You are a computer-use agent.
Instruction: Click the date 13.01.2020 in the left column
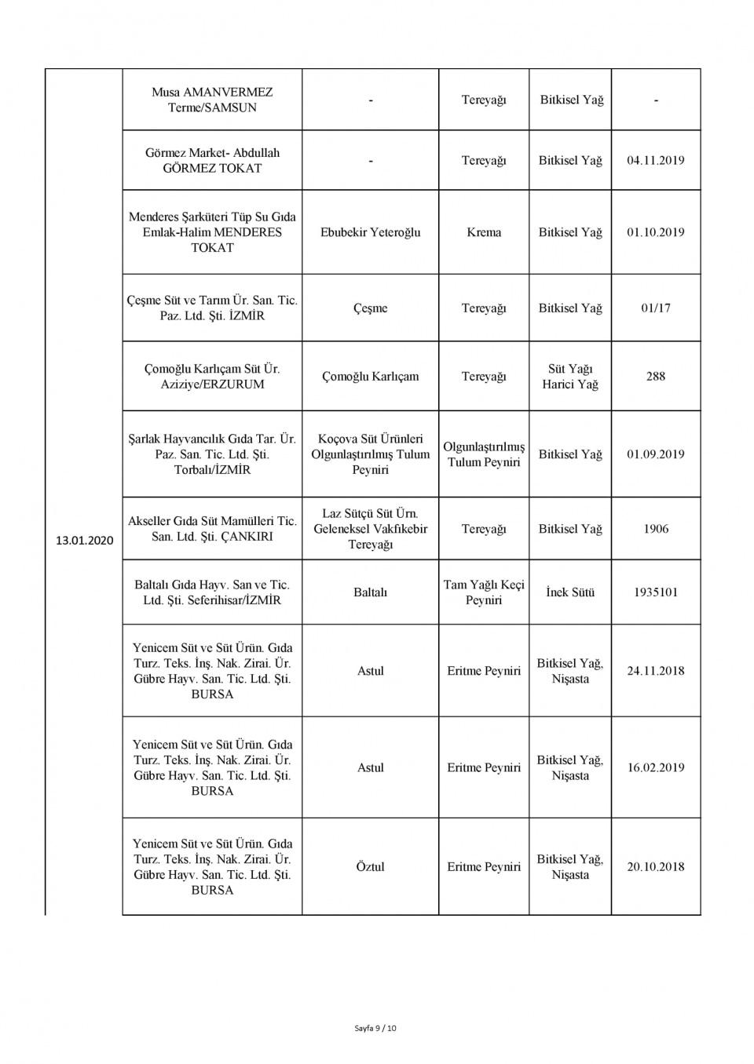(84, 541)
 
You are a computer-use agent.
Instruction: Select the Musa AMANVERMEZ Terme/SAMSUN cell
(212, 100)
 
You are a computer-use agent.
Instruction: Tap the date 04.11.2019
(655, 160)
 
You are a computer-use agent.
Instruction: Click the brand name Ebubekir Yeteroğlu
(370, 232)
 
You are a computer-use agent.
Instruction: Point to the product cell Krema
(483, 232)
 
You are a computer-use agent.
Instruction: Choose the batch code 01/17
(655, 308)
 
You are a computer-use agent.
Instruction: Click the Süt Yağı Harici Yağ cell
(569, 377)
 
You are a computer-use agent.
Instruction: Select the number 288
(655, 377)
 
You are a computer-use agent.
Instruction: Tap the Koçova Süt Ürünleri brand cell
(370, 454)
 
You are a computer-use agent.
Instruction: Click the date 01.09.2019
(655, 454)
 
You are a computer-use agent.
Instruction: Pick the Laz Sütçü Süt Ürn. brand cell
(370, 529)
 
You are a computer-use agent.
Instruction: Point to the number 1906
(655, 529)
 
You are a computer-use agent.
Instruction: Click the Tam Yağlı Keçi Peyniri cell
(483, 592)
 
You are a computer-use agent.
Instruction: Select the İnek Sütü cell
(569, 592)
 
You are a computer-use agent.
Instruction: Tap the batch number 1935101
(655, 592)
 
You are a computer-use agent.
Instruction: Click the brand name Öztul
(370, 867)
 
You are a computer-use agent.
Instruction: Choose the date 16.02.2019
(655, 767)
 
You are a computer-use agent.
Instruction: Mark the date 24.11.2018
(655, 671)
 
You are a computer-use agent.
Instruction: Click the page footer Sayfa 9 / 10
(375, 1028)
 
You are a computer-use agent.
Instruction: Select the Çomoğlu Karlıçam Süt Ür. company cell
(212, 377)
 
